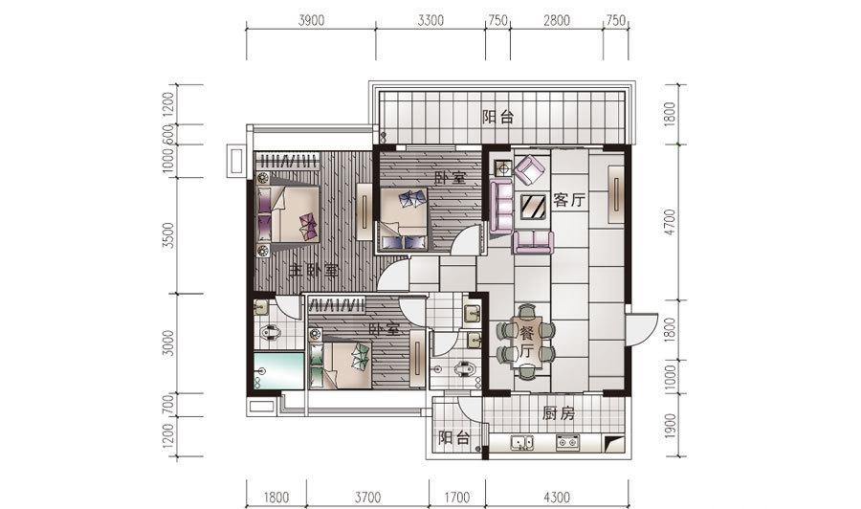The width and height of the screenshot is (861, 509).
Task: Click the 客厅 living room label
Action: point(569,200)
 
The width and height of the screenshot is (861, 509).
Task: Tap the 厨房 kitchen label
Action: point(559,413)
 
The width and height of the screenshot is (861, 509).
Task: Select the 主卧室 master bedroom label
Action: point(314,271)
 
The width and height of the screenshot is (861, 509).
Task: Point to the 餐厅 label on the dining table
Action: point(526,342)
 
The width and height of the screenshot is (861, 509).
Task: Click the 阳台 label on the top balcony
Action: point(498,118)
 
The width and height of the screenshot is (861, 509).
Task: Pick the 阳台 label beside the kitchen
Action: point(454,437)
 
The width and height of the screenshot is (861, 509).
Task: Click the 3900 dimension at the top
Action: point(311,20)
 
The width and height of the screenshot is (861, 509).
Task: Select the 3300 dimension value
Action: point(430,20)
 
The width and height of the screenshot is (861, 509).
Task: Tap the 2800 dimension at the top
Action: point(556,20)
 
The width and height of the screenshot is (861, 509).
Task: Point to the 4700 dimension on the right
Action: point(670,222)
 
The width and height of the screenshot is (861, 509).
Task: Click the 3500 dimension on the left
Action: point(168,235)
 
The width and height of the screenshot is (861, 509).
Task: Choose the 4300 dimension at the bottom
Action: point(556,498)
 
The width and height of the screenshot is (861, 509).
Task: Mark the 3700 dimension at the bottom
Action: point(367,498)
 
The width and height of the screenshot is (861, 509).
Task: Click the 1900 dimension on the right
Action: point(670,426)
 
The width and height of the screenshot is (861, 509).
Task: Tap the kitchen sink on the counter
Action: point(521,442)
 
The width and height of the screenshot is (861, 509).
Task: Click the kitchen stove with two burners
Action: point(567,442)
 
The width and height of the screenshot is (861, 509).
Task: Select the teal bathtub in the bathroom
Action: point(278,370)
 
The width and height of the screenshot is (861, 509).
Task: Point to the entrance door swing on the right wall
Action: point(641,329)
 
